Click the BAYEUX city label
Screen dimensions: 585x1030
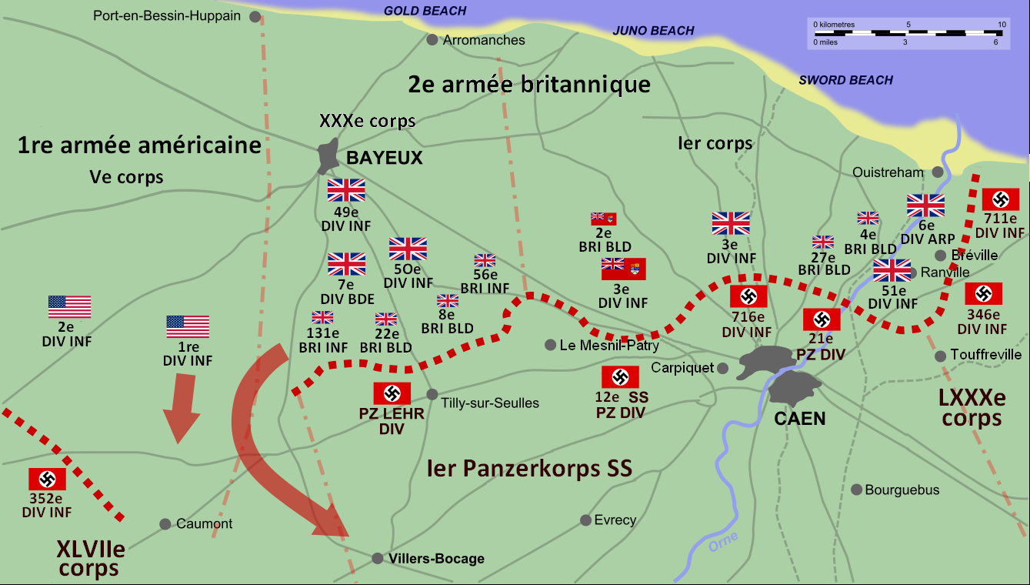[385, 158]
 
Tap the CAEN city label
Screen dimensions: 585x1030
[800, 419]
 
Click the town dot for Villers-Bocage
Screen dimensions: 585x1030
[377, 558]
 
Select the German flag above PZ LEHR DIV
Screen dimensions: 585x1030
[392, 393]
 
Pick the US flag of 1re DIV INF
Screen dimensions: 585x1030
[188, 326]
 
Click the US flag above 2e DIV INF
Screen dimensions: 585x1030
[69, 306]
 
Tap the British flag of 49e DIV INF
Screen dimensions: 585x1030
[346, 190]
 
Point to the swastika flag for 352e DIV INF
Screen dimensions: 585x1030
[47, 479]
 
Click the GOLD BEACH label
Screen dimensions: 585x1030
[425, 11]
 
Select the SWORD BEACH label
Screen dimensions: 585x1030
[845, 80]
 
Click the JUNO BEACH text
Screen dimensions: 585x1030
[653, 31]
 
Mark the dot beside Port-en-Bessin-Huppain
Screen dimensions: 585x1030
[255, 16]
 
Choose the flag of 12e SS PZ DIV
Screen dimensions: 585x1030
[619, 376]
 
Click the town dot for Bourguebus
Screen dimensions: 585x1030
[856, 490]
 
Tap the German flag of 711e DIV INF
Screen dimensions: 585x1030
[1000, 199]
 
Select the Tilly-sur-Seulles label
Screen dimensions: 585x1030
[490, 403]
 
